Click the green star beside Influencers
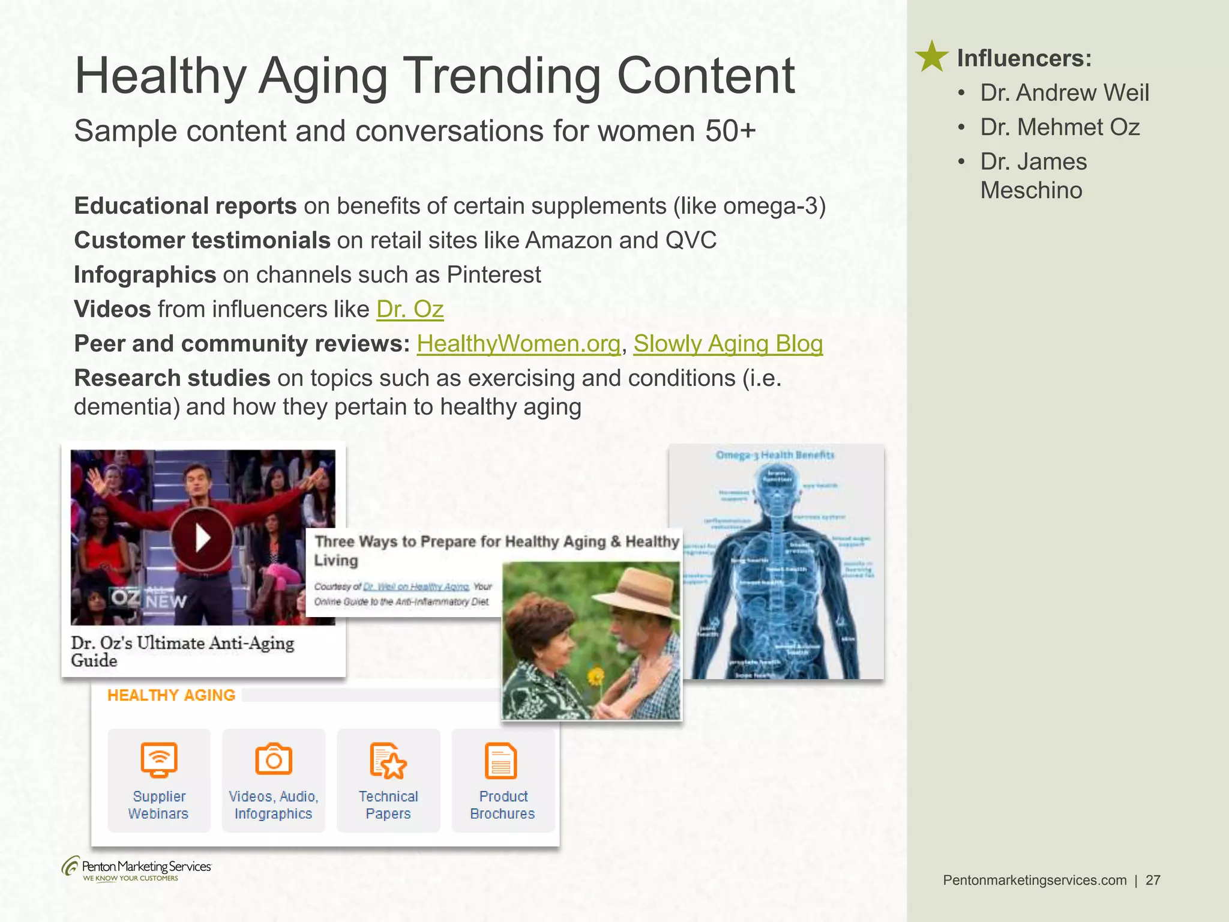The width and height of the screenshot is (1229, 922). (931, 58)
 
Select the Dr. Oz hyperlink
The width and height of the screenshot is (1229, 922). (410, 310)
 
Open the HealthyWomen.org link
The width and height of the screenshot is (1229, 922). (518, 344)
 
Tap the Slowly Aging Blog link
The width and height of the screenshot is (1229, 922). (728, 344)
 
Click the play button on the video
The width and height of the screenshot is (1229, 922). (202, 538)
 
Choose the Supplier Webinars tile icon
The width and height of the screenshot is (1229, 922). (159, 760)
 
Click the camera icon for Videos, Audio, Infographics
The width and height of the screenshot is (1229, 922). (274, 760)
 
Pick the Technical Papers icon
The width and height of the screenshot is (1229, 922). (388, 761)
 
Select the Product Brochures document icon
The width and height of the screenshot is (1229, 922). (501, 761)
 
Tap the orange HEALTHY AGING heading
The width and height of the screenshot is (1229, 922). (171, 695)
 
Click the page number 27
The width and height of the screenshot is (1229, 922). (1153, 880)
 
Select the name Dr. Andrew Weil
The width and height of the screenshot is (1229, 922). (1065, 93)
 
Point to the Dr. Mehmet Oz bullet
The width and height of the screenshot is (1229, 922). (1060, 127)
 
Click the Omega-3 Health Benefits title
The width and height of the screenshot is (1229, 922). (775, 455)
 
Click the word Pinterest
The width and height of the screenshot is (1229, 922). (494, 275)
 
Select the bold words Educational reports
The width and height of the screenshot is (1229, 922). (185, 206)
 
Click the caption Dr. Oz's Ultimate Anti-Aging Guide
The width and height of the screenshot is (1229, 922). (182, 651)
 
